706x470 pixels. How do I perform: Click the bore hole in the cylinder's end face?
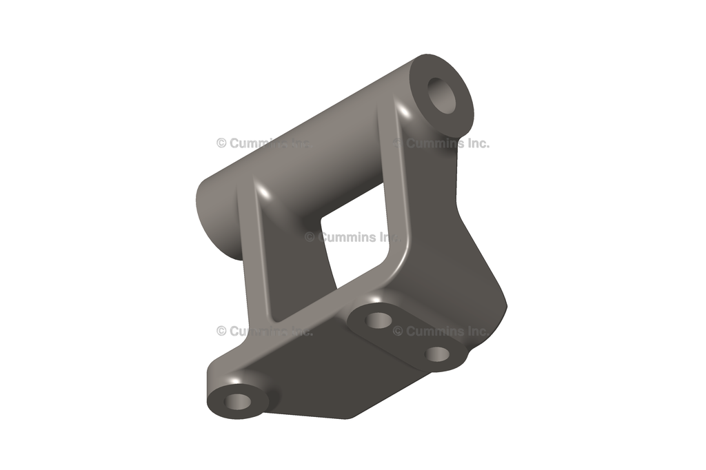coord(442,94)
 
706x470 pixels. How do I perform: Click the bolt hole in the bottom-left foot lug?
coord(238,401)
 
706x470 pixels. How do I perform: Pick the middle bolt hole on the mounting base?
coord(378,319)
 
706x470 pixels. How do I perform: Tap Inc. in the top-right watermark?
coord(476,143)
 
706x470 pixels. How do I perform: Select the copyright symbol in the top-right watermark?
coord(398,143)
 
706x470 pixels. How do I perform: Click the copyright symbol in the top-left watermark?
coord(221,143)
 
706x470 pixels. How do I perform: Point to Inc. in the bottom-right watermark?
coord(476,331)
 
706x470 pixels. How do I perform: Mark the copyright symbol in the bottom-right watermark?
coord(398,331)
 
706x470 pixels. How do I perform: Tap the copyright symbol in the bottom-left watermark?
coord(221,331)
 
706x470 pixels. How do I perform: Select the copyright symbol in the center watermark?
coord(310,237)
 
